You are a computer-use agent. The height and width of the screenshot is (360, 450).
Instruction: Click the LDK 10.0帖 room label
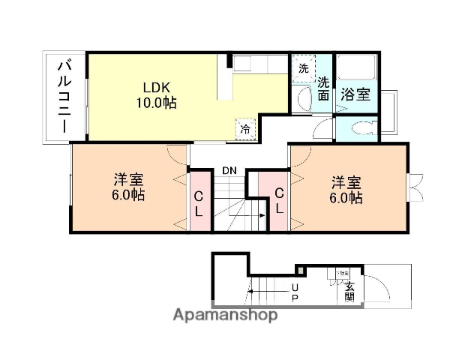pos(156,94)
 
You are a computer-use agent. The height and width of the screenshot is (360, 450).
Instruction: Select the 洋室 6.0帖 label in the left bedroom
pos(129,188)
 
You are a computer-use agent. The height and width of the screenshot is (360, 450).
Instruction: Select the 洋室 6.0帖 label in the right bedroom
pos(347,190)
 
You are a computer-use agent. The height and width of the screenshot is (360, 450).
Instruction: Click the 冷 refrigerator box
pos(245,129)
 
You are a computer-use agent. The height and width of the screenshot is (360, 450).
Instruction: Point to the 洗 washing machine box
pos(303,68)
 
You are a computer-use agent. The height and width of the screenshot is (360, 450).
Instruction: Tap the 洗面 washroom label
pos(322,88)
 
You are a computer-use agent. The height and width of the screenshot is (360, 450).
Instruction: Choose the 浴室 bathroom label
pos(355,94)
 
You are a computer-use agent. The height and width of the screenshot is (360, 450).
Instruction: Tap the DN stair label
pos(229,171)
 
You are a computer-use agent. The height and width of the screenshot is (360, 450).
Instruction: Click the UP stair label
pos(294,293)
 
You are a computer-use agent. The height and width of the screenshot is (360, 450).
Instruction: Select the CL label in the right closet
pos(279,201)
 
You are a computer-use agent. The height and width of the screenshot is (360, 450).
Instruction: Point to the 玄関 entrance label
pos(349,290)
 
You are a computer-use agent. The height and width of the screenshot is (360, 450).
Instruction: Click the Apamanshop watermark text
pos(224,315)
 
